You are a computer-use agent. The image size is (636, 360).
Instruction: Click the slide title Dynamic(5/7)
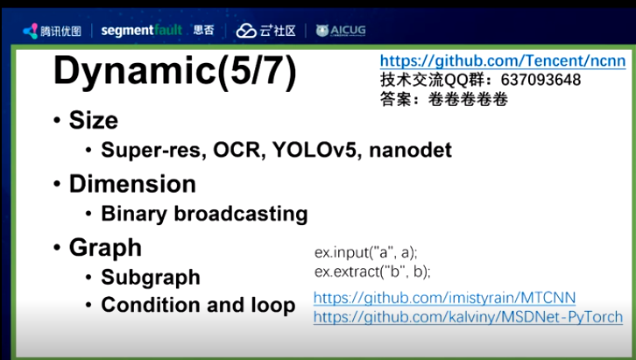(x=175, y=72)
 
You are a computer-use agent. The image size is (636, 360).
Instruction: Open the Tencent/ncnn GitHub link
(x=503, y=60)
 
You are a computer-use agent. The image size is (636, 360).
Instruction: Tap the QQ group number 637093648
(x=541, y=80)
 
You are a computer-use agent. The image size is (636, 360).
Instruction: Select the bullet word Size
(x=93, y=120)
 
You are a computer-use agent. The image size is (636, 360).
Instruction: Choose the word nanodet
(x=411, y=150)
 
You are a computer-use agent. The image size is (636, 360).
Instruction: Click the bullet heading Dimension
(x=132, y=184)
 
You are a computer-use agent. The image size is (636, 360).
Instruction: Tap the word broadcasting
(x=241, y=214)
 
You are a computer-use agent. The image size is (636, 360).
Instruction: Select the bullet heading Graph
(x=105, y=248)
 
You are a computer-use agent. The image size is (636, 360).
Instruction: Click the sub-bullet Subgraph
(x=151, y=278)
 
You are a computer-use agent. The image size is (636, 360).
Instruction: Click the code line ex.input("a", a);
(x=366, y=252)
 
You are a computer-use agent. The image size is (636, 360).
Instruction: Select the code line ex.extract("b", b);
(x=372, y=272)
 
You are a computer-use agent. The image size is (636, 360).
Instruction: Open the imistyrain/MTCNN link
(x=444, y=298)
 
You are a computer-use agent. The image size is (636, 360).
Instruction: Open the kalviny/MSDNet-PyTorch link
(x=468, y=317)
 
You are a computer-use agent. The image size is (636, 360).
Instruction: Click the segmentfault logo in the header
(x=142, y=31)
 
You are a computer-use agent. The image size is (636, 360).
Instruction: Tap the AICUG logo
(x=341, y=31)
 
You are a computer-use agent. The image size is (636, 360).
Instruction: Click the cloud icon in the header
(x=246, y=31)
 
